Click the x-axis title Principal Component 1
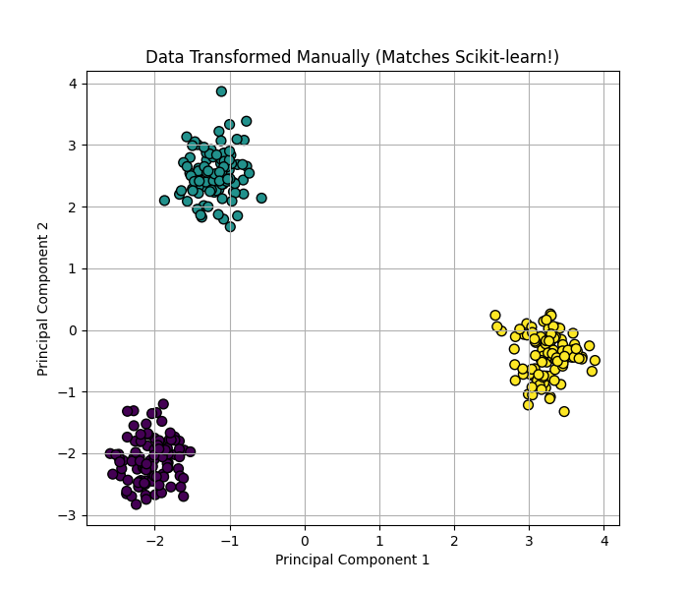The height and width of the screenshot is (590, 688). pyautogui.click(x=352, y=560)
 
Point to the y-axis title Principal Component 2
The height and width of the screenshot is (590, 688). pyautogui.click(x=43, y=298)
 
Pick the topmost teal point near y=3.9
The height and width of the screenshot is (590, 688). pyautogui.click(x=221, y=91)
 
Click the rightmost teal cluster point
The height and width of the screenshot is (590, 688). pyautogui.click(x=261, y=198)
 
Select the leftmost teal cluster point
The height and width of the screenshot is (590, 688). pyautogui.click(x=164, y=201)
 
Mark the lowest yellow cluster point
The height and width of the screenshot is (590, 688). pyautogui.click(x=564, y=411)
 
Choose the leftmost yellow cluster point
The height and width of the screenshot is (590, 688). pyautogui.click(x=495, y=316)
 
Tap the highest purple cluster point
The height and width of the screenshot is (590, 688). pyautogui.click(x=163, y=404)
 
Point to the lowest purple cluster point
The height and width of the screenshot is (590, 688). pyautogui.click(x=136, y=504)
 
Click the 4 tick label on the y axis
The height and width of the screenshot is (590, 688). pyautogui.click(x=73, y=84)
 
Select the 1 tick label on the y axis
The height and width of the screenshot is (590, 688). pyautogui.click(x=73, y=268)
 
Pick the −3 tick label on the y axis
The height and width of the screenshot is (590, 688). pyautogui.click(x=69, y=515)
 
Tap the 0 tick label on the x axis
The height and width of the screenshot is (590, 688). pyautogui.click(x=305, y=540)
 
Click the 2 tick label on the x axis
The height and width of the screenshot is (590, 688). pyautogui.click(x=454, y=540)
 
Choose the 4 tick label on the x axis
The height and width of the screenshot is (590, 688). pyautogui.click(x=604, y=540)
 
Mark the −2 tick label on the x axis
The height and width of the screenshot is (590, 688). pyautogui.click(x=151, y=540)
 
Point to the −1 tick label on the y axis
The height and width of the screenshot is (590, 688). pyautogui.click(x=69, y=392)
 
